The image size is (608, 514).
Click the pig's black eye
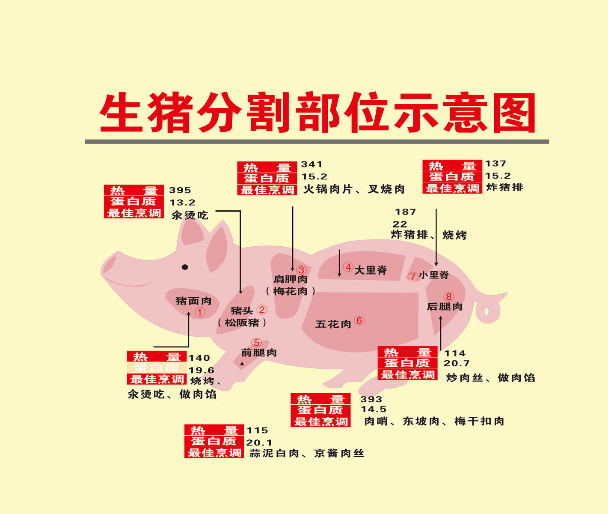pos(185,267)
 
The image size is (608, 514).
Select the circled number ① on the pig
pos(200,312)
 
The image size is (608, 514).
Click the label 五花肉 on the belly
pos(333,324)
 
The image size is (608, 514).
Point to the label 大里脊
pos(371,270)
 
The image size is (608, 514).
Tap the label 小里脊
pos(434,275)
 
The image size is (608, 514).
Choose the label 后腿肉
pos(445,307)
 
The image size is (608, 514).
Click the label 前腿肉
pos(259,353)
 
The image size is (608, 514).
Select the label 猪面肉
pos(193,301)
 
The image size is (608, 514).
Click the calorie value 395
pos(180,190)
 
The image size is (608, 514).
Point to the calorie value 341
pos(311,164)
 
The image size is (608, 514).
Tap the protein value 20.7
pos(456,364)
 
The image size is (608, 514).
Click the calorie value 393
pos(371,399)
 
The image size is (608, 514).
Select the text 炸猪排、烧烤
pos(428,235)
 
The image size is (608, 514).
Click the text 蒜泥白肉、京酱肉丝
pos(307,453)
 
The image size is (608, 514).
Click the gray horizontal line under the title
pos(317,141)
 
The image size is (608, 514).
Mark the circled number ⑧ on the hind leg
pos(448,296)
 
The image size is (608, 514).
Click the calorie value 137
pos(495,164)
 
